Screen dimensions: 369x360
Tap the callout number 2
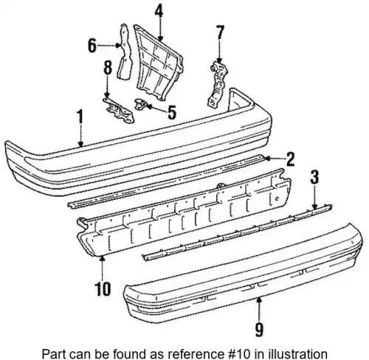290,159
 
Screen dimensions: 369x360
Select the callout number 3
314,176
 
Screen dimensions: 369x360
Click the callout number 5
171,112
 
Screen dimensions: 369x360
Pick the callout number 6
92,46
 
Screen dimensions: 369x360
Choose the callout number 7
220,32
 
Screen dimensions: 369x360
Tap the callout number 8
108,66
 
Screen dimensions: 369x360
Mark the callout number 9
260,329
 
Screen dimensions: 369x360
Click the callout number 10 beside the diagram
103,288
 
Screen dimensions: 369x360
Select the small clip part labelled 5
140,104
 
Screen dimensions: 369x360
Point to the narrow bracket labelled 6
125,53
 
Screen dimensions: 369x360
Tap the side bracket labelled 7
218,84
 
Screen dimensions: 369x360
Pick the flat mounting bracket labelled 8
119,111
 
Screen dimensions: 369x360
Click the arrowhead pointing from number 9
258,300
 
